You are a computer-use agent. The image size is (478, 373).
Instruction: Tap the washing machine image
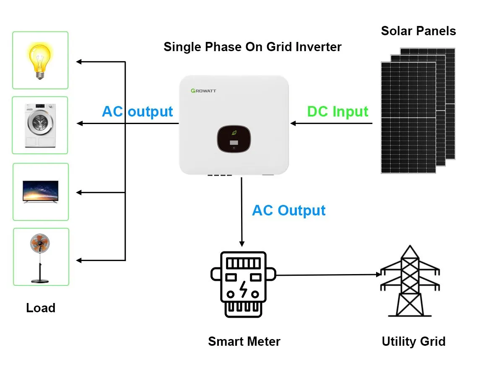pos(41,125)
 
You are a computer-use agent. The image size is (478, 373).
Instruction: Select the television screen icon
pos(41,192)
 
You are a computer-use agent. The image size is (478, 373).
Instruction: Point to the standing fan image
pos(41,257)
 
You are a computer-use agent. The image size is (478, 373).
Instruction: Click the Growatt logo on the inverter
pos(203,91)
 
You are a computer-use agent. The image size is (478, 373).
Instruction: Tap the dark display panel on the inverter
pos(234,140)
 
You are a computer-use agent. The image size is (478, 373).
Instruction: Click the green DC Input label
pos(338,111)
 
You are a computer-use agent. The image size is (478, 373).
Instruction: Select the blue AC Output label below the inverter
pos(288,210)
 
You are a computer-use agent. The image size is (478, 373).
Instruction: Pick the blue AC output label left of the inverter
pos(138,111)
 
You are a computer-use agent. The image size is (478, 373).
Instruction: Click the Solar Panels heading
pos(418,31)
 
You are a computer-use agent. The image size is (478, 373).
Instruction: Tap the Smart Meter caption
pos(244,341)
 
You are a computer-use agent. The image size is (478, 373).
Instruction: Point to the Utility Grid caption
pos(413,341)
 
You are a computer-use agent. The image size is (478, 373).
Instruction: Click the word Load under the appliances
pos(41,308)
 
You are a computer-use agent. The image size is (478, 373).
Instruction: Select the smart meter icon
pos(243,284)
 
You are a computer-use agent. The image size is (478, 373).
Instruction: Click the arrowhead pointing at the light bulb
pos(79,62)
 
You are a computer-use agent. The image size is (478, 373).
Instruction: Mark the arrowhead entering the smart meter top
pos(242,243)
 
